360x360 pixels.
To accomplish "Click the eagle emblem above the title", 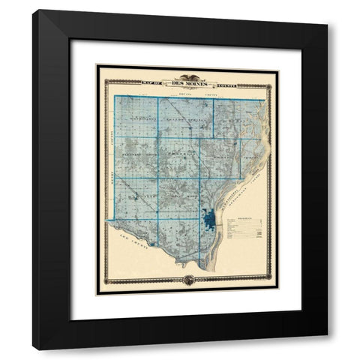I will point(187,77).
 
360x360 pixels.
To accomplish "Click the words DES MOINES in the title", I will point(187,85).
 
